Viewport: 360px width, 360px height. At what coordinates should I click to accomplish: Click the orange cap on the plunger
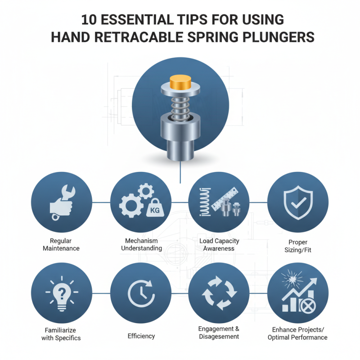[x=180, y=83]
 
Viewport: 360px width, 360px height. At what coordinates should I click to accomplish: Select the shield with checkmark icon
[x=297, y=203]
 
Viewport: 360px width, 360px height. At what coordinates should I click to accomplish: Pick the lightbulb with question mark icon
[x=61, y=295]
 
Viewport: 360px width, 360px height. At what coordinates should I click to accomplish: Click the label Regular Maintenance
[x=61, y=244]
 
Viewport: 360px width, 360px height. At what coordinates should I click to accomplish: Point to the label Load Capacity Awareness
[x=219, y=244]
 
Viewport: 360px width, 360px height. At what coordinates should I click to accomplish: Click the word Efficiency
[x=141, y=336]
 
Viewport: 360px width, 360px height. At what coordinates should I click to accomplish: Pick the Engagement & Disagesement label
[x=219, y=333]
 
